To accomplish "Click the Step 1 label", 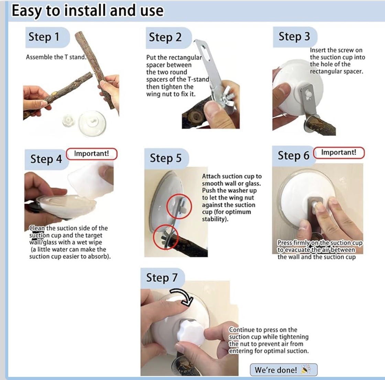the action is [x=44, y=37].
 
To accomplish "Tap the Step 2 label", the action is [x=165, y=37].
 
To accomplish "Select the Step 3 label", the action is [x=294, y=36].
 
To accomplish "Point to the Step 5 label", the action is [x=165, y=158].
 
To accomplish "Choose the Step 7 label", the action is [x=162, y=278].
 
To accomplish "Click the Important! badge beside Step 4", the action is [x=91, y=154].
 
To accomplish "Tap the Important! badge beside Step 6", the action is [x=339, y=153].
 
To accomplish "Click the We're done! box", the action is [x=284, y=370].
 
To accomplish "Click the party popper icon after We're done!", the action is [x=306, y=369].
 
